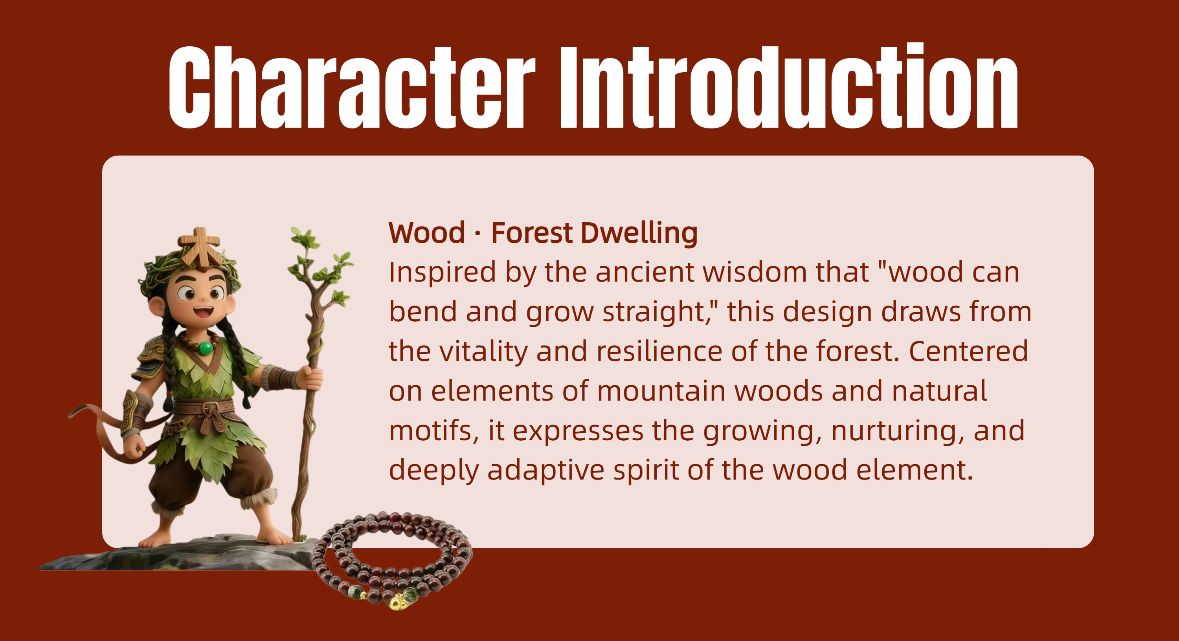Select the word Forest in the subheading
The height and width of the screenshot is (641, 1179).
click(532, 233)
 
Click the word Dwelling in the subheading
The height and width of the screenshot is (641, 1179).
click(639, 234)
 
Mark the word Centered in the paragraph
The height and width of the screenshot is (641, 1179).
click(968, 352)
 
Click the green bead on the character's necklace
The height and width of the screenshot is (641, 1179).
click(206, 348)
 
